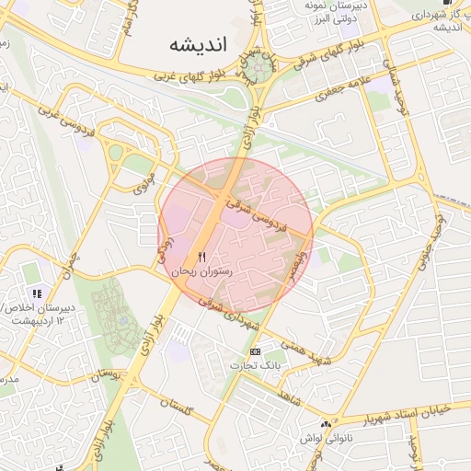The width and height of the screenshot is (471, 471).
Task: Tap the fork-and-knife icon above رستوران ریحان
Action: click(x=202, y=257)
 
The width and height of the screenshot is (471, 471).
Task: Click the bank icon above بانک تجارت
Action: click(x=255, y=352)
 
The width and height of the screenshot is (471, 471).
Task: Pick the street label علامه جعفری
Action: click(x=345, y=88)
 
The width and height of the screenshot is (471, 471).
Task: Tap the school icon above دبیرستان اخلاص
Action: click(x=37, y=292)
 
